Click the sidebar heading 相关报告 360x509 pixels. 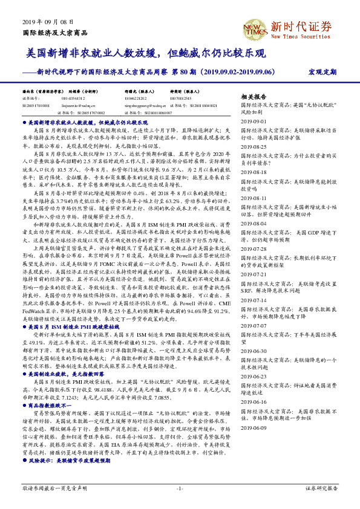(254, 97)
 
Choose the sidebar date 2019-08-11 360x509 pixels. (254, 197)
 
